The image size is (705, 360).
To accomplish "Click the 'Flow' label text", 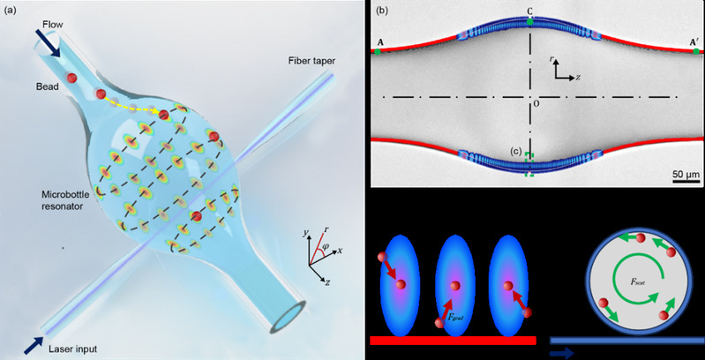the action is (53, 25).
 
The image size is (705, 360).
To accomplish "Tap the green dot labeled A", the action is (378, 52).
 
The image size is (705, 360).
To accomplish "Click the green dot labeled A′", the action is (696, 52).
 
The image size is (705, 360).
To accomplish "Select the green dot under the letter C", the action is (530, 21).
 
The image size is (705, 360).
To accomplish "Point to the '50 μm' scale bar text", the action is (686, 174).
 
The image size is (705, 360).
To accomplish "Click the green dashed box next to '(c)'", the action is (530, 164).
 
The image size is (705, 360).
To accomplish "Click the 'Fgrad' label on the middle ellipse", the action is (456, 318).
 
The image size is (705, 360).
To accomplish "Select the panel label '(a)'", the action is (10, 11).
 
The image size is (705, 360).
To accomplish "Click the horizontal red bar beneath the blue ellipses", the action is (453, 341).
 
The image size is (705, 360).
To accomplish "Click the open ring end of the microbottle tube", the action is (288, 318).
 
